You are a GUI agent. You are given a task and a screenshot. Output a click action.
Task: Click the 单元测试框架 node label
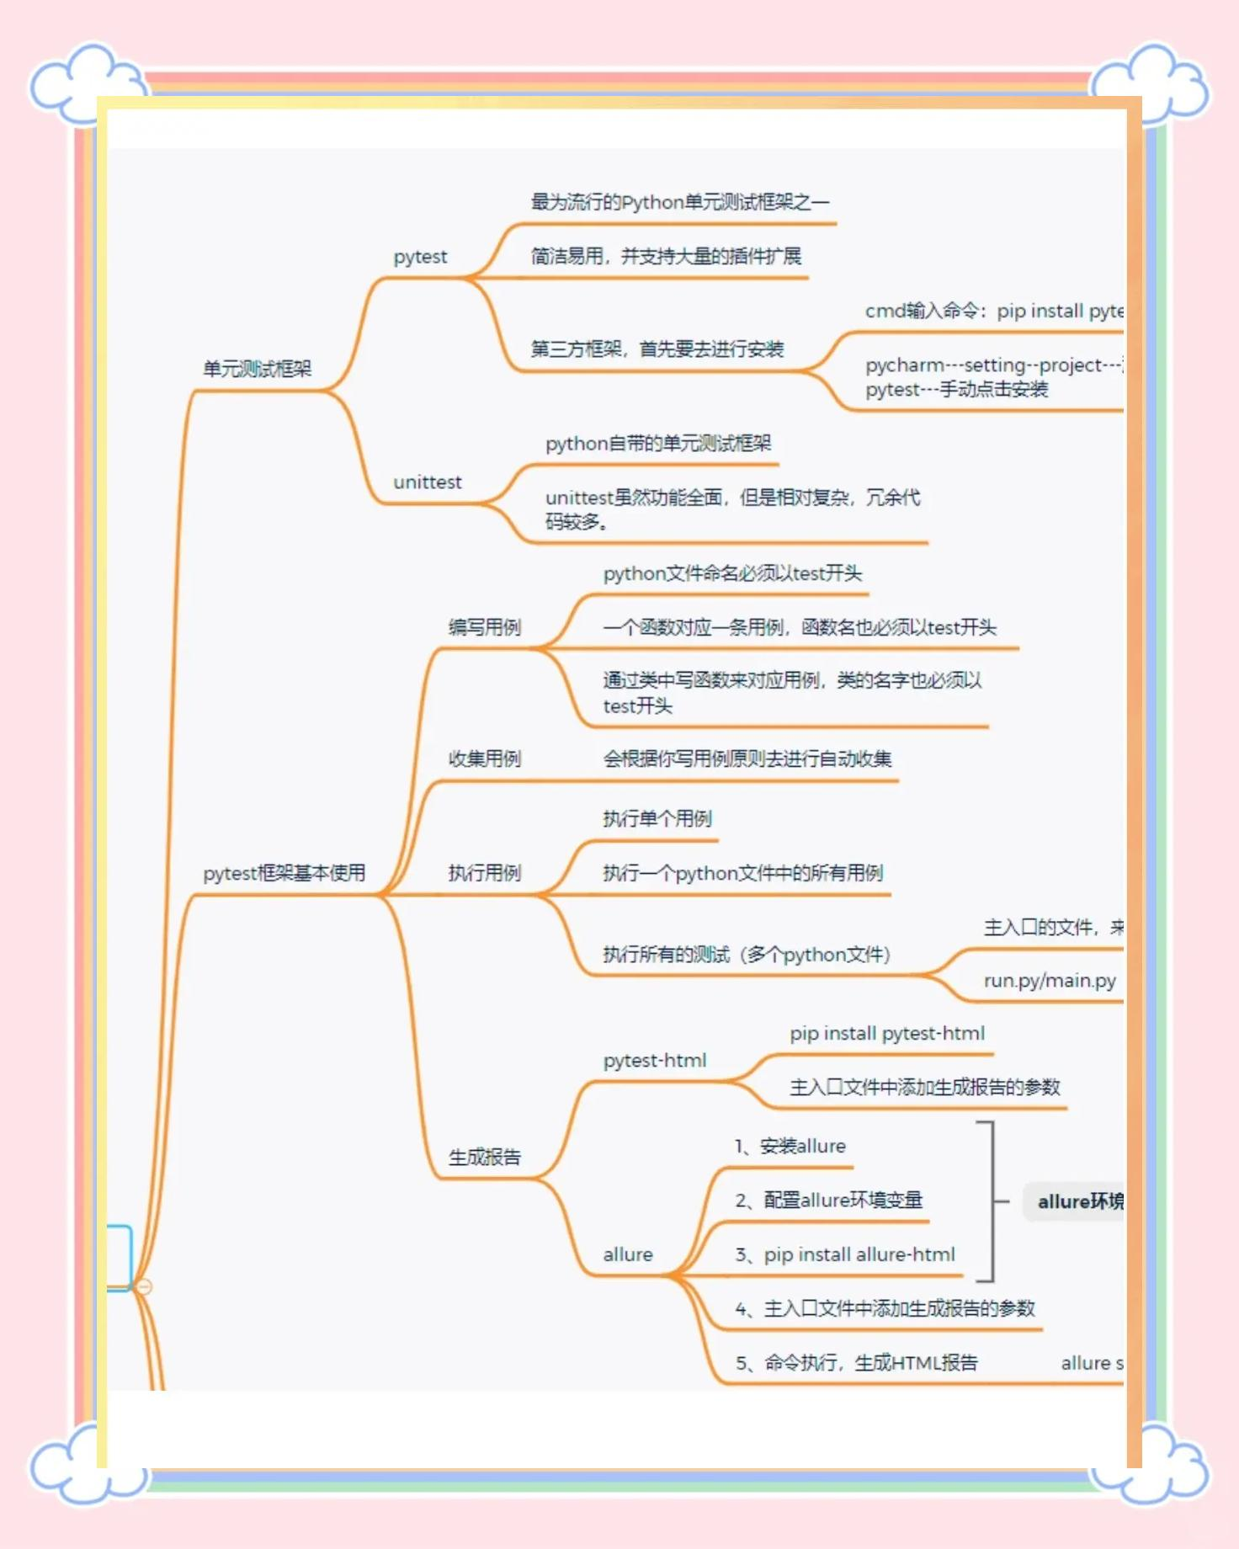click(x=258, y=369)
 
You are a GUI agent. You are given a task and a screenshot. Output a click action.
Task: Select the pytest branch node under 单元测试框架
click(x=420, y=257)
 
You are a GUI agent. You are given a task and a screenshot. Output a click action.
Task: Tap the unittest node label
click(x=428, y=482)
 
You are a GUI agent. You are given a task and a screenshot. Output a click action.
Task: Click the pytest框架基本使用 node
click(x=284, y=873)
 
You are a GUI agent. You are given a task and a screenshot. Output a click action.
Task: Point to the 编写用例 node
click(x=485, y=627)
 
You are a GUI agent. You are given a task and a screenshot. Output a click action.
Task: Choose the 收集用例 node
click(x=485, y=759)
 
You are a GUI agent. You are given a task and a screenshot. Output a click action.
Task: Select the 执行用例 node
click(x=485, y=873)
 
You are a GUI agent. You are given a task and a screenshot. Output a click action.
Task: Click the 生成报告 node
click(x=485, y=1157)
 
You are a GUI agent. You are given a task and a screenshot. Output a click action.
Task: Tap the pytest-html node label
click(x=655, y=1061)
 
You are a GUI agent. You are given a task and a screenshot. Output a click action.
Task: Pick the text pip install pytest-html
click(x=887, y=1034)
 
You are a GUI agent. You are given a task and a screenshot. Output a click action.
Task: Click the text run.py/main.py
click(x=1050, y=981)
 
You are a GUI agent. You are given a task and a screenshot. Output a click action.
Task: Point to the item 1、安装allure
click(x=790, y=1146)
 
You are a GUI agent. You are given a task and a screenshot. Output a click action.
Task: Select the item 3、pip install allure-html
click(x=845, y=1254)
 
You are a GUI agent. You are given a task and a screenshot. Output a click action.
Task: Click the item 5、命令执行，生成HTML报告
click(x=857, y=1363)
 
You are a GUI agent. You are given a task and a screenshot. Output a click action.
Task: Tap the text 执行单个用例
click(x=657, y=818)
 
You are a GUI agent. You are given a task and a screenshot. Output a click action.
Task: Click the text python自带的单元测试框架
click(x=658, y=444)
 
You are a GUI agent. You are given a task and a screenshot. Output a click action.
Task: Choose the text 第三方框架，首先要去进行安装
click(x=657, y=349)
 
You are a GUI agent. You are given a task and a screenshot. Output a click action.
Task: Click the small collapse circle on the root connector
click(x=144, y=1286)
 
